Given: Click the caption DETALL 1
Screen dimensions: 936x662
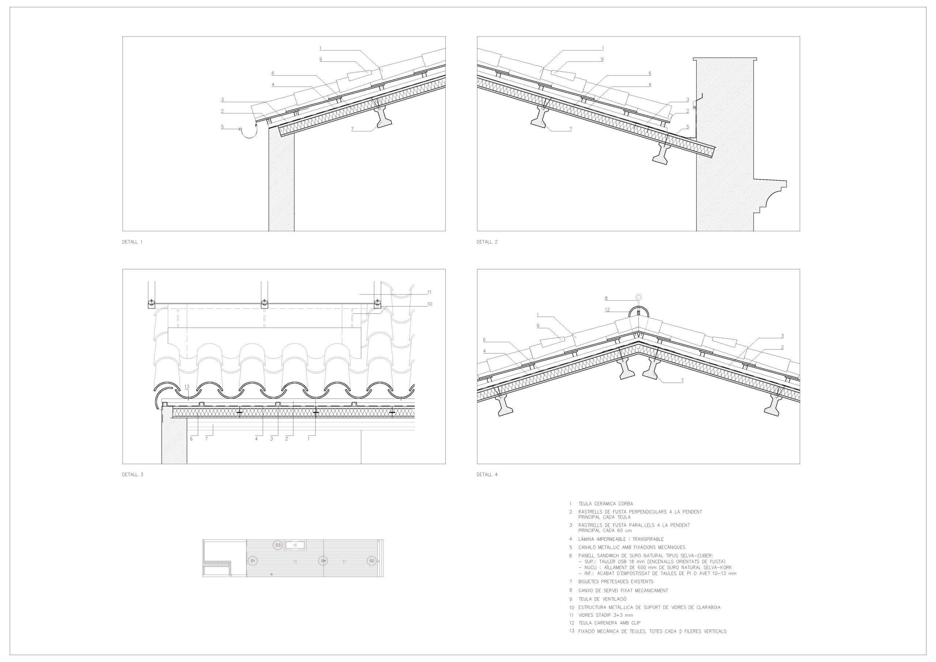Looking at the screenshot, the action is click(x=132, y=242).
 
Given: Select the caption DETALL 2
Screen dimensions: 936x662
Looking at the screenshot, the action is click(x=487, y=242).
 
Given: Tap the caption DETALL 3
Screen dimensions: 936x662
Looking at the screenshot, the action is click(x=132, y=474).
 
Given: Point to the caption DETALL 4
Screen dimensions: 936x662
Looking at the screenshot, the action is click(x=487, y=474).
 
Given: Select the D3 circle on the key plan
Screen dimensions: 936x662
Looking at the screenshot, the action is click(x=278, y=545).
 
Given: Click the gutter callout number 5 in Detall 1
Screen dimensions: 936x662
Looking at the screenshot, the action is click(x=222, y=127).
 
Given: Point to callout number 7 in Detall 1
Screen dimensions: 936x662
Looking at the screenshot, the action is click(x=352, y=129).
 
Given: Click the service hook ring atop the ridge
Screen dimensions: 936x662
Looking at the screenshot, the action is click(x=638, y=297).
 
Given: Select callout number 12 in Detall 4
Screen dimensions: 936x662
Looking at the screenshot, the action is click(x=607, y=309).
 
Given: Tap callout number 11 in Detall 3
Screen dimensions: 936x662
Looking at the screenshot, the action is click(x=429, y=292).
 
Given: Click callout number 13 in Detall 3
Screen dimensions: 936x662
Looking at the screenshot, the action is click(x=187, y=387).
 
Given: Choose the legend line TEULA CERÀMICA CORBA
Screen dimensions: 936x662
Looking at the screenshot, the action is click(x=605, y=504).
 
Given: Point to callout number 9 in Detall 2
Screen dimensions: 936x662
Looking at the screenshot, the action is click(x=602, y=59).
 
